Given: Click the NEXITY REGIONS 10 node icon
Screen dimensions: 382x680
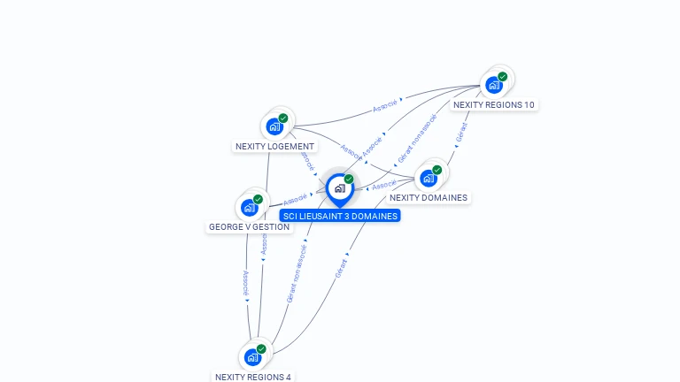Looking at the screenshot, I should (494, 85).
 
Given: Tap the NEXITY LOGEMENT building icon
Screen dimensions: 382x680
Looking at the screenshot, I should (274, 126).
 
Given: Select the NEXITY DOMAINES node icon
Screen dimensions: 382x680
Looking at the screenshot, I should (429, 178).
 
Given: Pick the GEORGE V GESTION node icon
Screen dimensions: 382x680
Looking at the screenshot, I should (249, 208).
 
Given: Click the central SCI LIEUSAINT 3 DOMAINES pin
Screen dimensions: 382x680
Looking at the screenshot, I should (339, 188).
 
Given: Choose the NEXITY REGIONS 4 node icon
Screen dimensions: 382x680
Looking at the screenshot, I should (252, 357).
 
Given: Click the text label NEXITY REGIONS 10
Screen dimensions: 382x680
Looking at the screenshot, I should (493, 105).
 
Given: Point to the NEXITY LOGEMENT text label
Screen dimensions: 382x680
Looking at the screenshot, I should (274, 147).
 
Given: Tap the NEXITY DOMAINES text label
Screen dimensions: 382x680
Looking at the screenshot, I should (429, 198).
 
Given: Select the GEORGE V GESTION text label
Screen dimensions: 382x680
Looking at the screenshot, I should (249, 227).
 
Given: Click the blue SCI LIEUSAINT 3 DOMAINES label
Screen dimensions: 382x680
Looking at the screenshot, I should (340, 216).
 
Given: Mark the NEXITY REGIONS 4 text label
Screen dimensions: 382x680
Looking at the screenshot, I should (252, 377).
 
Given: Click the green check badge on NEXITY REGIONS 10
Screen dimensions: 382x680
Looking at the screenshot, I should (502, 77).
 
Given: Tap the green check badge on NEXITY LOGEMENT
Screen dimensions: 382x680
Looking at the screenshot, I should (283, 118).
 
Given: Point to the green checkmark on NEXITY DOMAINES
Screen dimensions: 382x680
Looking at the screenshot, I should (437, 170).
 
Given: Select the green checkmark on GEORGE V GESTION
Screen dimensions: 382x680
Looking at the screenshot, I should (258, 200).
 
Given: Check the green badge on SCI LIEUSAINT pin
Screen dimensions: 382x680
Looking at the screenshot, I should (349, 180).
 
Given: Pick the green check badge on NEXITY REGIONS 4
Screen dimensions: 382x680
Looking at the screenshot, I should (261, 349).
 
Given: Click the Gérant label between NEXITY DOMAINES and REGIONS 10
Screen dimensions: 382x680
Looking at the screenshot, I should (460, 133).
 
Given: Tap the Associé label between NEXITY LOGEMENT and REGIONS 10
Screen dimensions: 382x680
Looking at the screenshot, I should (384, 105).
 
